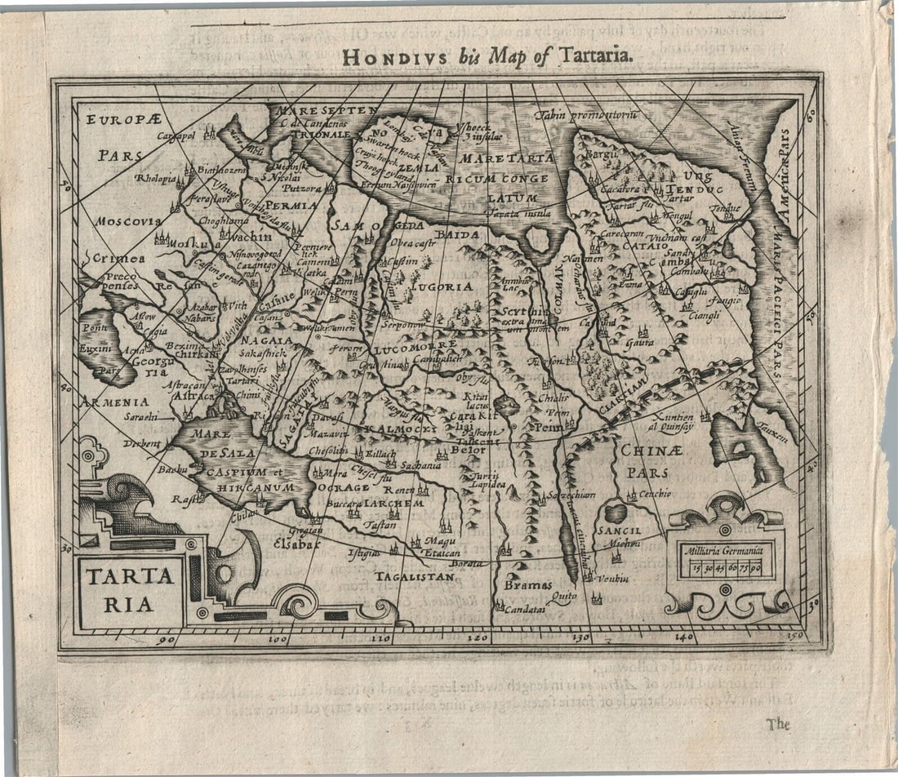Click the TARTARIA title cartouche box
point(130,589)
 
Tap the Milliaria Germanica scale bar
point(723,562)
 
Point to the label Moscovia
point(127,221)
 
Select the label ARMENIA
point(114,402)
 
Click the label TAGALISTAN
point(414,576)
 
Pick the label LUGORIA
point(441,287)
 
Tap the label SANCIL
point(617,530)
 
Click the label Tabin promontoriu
point(585,115)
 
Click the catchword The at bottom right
point(777,723)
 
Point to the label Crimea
point(118,258)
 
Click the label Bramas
point(527,585)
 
